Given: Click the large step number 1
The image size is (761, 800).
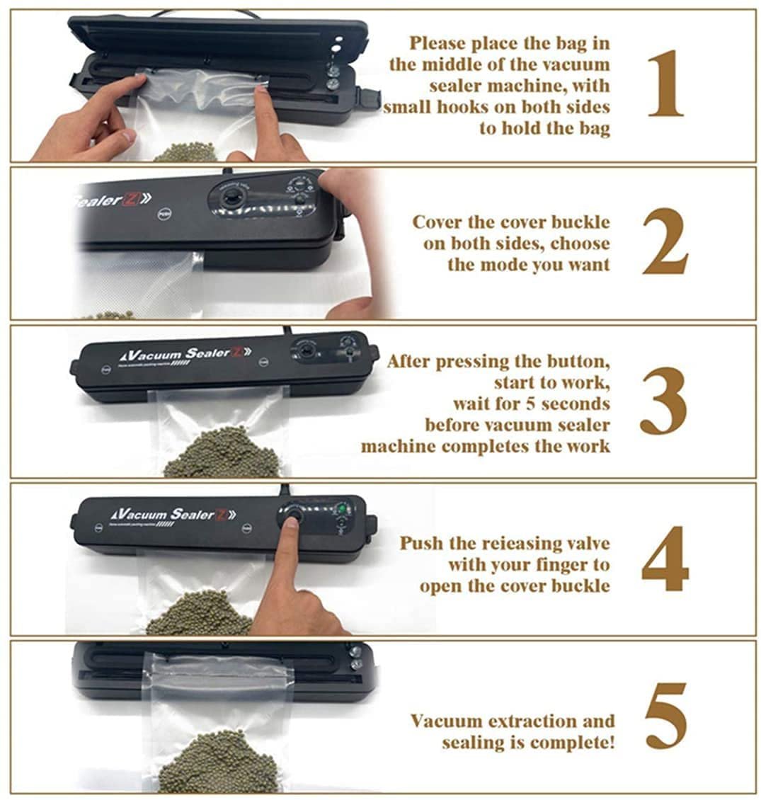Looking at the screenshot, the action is (x=665, y=84).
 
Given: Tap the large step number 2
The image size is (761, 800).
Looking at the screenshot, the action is (x=665, y=242).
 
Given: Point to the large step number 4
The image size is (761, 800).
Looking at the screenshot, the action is (x=665, y=559).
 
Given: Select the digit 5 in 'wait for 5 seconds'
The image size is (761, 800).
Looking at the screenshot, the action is (x=530, y=404).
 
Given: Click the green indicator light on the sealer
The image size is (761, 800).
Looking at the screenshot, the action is (x=342, y=509).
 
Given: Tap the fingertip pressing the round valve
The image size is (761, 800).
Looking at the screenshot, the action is (x=292, y=522).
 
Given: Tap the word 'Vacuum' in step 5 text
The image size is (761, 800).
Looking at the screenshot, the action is (x=446, y=721).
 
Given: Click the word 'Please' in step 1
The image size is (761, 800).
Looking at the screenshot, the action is (x=437, y=43).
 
